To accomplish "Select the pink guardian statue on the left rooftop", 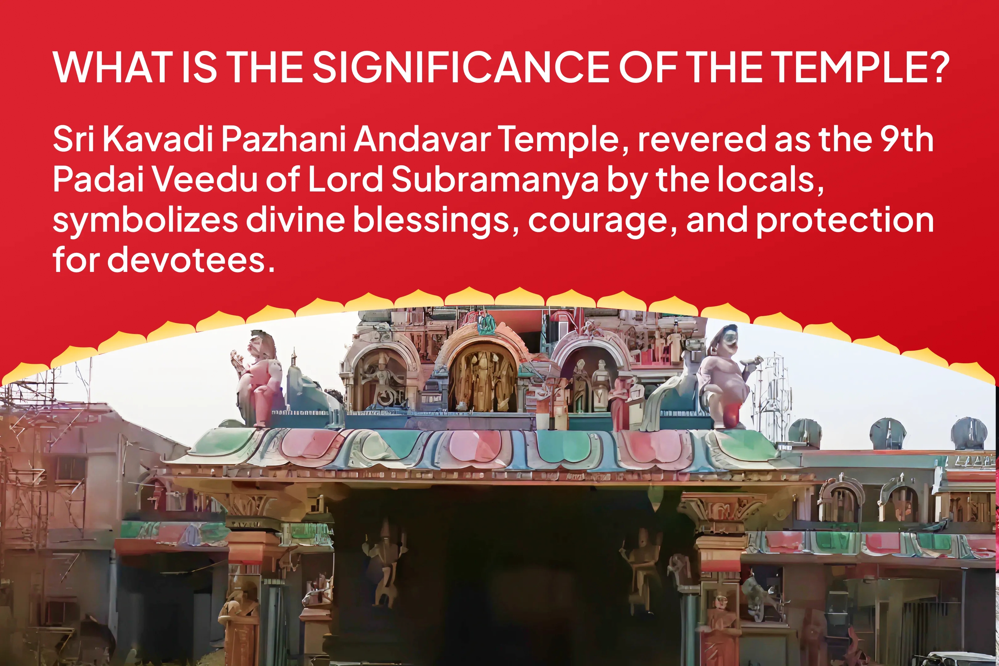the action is pos(257,378).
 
